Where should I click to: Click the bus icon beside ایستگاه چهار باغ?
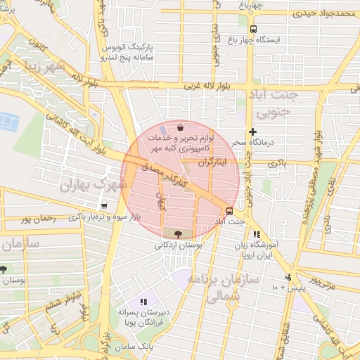click(x=252, y=29)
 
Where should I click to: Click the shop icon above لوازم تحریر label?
click(x=181, y=128)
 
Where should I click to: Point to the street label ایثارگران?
click(x=213, y=162)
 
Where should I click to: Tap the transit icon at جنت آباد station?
click(x=230, y=211)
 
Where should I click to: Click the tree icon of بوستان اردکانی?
click(x=176, y=233)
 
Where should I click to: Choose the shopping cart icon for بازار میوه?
click(x=104, y=206)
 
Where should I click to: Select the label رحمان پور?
click(x=37, y=219)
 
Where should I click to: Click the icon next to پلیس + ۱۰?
click(x=287, y=278)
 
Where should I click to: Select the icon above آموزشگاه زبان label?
click(x=257, y=235)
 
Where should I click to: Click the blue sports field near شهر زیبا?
click(x=11, y=122)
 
